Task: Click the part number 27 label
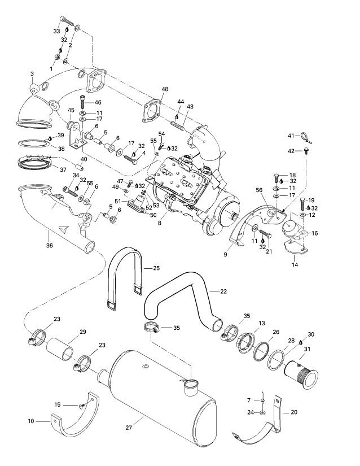pos(129,428)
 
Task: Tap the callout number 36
pos(49,246)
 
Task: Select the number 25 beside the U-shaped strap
pos(156,268)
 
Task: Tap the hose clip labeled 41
pos(304,137)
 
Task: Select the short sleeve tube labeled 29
pos(60,348)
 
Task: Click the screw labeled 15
pos(82,406)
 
